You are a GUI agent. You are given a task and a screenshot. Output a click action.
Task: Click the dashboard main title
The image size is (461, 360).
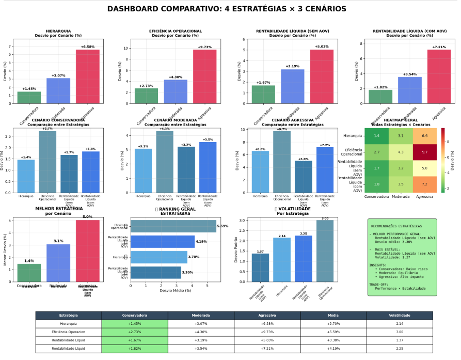coord(227,9)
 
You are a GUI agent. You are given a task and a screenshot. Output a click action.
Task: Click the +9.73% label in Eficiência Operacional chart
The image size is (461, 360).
coord(205,47)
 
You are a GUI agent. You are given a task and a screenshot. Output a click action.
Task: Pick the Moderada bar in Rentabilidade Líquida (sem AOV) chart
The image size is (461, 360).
coord(292,86)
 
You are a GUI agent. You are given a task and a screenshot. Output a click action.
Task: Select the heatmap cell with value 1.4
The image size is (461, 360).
coord(377,135)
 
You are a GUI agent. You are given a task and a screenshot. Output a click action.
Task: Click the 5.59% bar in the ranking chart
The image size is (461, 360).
coord(173,226)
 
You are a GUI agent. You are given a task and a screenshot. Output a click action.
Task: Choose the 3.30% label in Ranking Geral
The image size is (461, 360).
coord(187,272)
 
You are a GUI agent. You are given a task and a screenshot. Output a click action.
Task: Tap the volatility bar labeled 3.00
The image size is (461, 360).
coord(325,251)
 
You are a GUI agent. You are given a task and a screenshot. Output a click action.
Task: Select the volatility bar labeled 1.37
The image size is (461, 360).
coord(260,268)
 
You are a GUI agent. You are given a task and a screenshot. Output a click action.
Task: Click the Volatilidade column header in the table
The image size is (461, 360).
coord(399,315)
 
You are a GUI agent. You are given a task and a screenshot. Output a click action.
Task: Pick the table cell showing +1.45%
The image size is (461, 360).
coord(135,323)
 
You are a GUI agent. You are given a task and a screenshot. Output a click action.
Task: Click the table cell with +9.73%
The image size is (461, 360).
coord(267,332)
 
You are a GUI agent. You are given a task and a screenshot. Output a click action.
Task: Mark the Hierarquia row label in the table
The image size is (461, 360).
coord(68,323)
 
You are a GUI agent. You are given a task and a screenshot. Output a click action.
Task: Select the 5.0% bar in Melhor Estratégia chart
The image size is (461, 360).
coord(88,251)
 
